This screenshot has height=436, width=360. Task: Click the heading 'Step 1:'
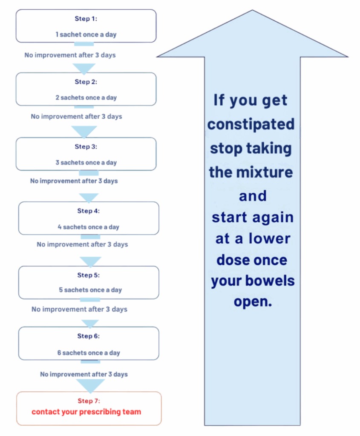tap(86, 19)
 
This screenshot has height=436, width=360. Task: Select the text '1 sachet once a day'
tap(86, 34)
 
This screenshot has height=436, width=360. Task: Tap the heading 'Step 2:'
tap(86, 82)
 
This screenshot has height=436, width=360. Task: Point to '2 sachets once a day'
tap(86, 98)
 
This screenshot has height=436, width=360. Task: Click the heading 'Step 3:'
tap(86, 146)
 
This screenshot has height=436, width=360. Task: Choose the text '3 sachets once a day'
tap(86, 163)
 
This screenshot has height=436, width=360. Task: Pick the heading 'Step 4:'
tap(89, 211)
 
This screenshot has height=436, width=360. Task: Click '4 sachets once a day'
tap(89, 227)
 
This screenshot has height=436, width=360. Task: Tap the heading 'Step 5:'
tap(89, 275)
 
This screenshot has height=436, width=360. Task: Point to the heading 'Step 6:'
tap(89, 336)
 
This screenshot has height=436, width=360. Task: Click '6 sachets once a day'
tap(89, 353)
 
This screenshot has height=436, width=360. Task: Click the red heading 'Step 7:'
tap(89, 401)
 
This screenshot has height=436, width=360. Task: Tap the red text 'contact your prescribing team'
tap(86, 412)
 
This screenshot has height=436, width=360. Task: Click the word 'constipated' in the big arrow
tap(251, 124)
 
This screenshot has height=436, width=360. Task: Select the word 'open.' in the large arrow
tap(253, 301)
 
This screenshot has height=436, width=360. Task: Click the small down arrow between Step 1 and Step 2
tap(84, 68)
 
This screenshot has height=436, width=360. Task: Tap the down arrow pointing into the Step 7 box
tap(90, 385)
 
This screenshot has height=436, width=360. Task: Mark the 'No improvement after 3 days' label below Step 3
tap(74, 181)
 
